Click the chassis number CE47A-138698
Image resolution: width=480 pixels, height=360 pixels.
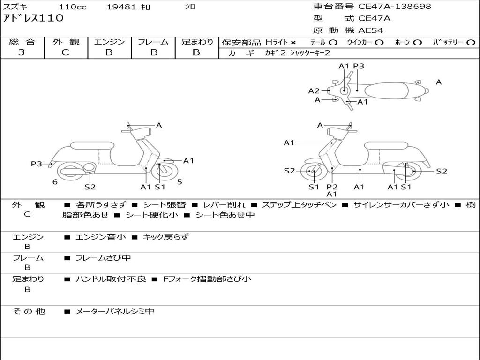395,7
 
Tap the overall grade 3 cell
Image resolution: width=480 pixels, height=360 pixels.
22,52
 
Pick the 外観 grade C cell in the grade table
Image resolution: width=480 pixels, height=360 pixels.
65,52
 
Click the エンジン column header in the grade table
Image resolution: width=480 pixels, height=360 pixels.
109,42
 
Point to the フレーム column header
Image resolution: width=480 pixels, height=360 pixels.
153,42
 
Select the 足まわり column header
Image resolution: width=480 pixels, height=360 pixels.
197,42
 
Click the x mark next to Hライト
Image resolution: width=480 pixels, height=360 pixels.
293,43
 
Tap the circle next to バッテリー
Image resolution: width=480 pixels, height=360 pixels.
471,43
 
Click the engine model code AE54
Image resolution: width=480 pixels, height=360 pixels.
371,30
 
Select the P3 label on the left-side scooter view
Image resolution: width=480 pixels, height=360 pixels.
37,164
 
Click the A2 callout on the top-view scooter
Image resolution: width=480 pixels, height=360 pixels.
314,91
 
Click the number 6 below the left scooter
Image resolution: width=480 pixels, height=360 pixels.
55,182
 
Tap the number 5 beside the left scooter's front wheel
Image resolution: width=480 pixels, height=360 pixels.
180,182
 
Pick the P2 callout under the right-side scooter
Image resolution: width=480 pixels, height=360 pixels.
332,187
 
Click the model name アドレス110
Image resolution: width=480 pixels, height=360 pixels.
33,18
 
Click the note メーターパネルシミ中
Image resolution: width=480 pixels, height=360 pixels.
115,311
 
